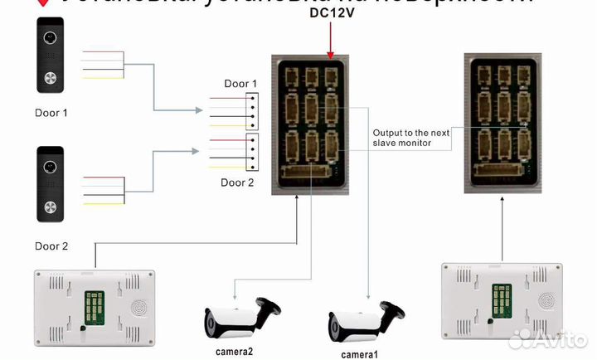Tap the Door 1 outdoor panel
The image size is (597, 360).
click(x=51, y=56)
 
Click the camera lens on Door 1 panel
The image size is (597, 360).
click(x=51, y=38)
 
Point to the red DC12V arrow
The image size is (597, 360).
click(x=331, y=41)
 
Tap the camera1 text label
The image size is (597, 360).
click(x=358, y=354)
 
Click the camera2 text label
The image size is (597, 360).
click(x=235, y=352)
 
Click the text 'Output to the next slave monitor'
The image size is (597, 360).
click(x=411, y=139)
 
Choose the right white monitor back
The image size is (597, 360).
click(x=501, y=298)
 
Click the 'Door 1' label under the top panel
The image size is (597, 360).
click(x=51, y=112)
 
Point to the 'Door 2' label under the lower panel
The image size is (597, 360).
click(x=51, y=246)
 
